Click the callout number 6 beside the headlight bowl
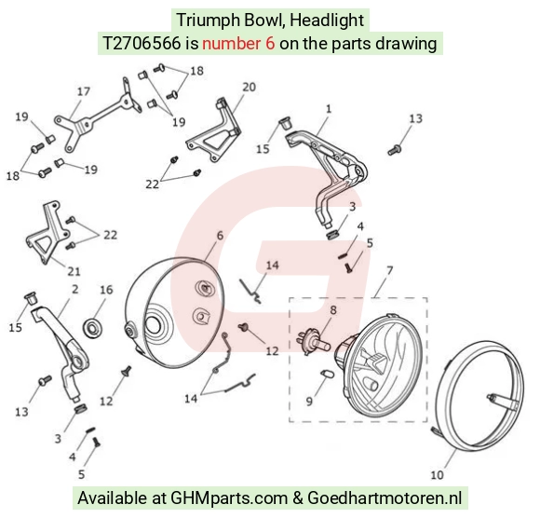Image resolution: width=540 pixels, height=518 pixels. tap(220, 236)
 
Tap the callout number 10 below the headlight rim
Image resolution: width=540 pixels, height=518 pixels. tap(437, 475)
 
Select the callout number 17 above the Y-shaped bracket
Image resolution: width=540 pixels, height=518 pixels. tap(84, 91)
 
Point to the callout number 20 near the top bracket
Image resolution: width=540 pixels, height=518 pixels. tap(249, 88)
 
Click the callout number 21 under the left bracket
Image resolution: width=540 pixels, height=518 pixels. tap(74, 272)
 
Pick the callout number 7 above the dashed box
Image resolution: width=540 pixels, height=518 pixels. tap(389, 270)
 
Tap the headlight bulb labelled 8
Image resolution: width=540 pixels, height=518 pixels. tap(313, 342)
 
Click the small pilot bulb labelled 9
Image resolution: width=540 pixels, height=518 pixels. tap(327, 374)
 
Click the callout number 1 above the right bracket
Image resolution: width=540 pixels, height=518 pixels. tap(329, 109)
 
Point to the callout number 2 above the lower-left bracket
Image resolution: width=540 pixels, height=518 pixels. tap(75, 289)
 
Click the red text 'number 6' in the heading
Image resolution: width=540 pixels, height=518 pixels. tap(238, 44)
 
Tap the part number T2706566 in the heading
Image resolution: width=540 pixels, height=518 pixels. tap(142, 44)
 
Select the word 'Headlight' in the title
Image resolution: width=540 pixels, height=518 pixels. tap(327, 20)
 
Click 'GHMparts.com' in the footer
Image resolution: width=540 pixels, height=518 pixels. tap(229, 498)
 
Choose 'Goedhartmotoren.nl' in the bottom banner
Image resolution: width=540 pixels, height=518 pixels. tap(385, 498)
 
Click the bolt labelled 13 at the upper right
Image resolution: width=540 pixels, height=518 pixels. tap(395, 150)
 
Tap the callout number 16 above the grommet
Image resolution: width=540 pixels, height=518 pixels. tap(106, 290)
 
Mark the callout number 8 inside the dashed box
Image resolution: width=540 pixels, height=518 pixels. tap(333, 310)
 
